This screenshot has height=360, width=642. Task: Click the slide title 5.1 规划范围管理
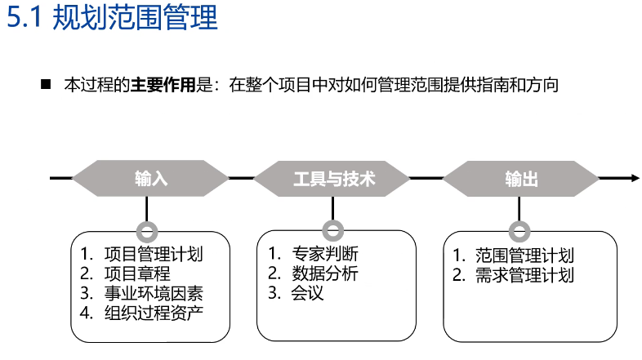coord(112,18)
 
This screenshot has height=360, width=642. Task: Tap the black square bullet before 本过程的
coord(46,84)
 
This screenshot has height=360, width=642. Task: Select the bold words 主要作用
coord(163,85)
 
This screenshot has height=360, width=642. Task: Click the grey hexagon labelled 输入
coord(150,178)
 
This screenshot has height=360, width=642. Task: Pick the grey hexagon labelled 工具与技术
coord(332,178)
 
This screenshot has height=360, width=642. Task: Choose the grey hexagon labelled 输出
coord(521,178)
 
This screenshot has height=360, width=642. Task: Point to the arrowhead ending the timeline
coord(635,178)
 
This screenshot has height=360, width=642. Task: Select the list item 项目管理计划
coord(154,254)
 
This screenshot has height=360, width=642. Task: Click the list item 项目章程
coord(137,273)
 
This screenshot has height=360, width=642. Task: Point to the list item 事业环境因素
coord(154,293)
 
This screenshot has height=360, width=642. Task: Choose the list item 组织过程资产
coord(154,313)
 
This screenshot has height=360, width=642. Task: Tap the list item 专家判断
coord(325,254)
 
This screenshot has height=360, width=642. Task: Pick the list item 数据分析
coord(325,273)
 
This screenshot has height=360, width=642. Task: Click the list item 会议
coord(307,293)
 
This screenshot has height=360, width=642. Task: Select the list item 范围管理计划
coord(524,256)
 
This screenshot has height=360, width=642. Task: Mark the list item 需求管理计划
coord(524,275)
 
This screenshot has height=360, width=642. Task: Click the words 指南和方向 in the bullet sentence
coord(518,85)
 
